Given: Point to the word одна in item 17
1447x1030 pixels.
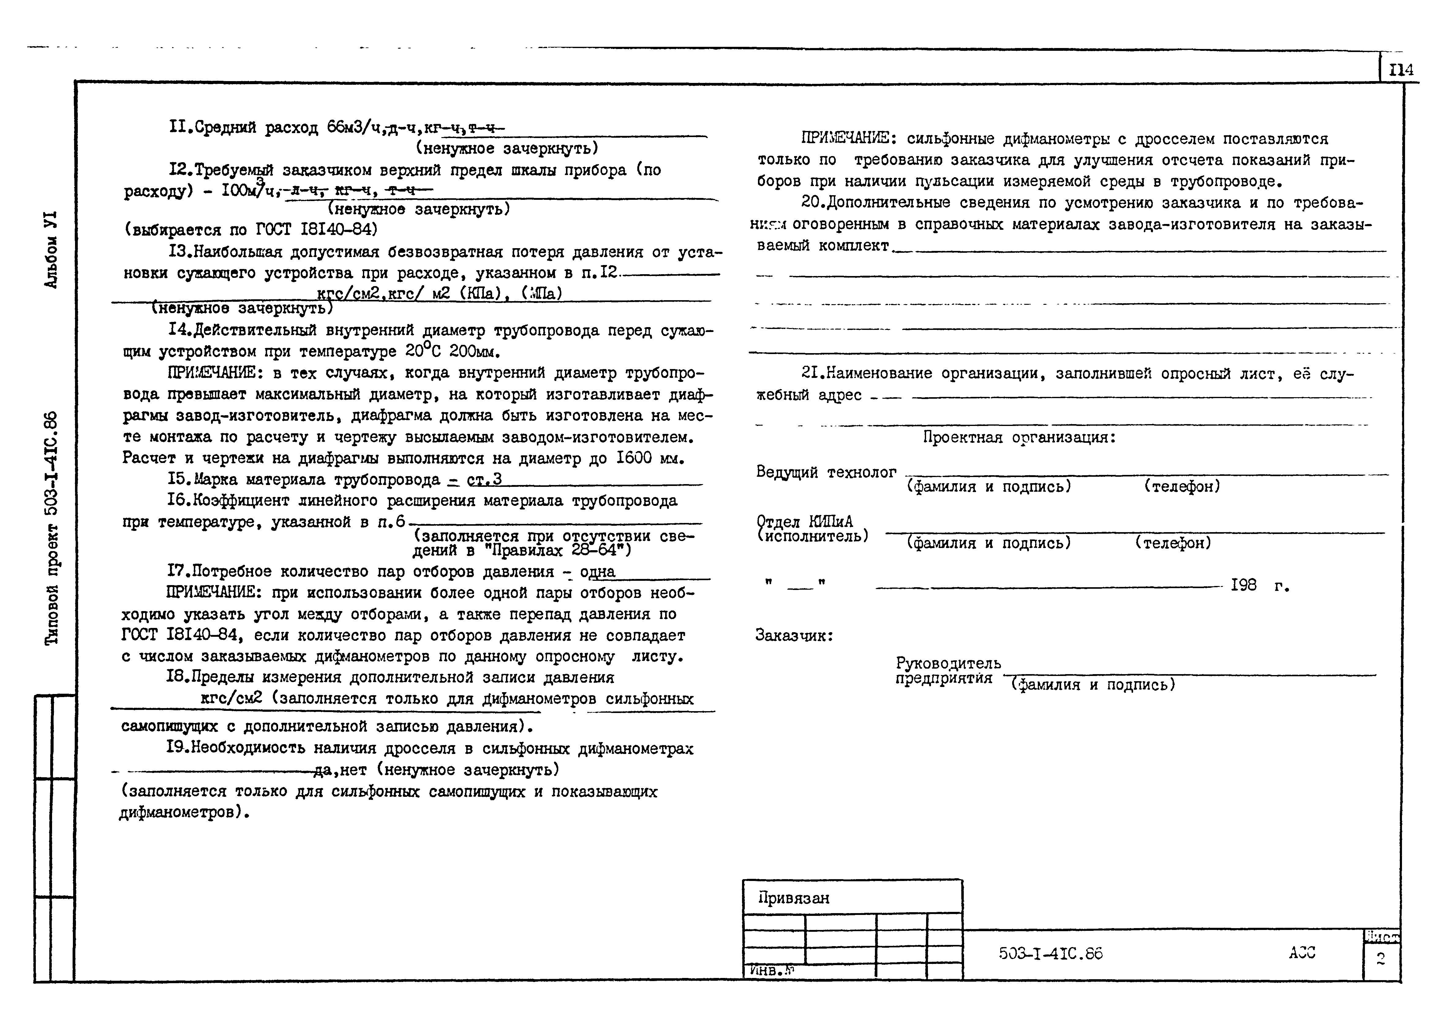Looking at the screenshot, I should coord(597,572).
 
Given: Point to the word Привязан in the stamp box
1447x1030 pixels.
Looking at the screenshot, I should coord(793,898).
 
